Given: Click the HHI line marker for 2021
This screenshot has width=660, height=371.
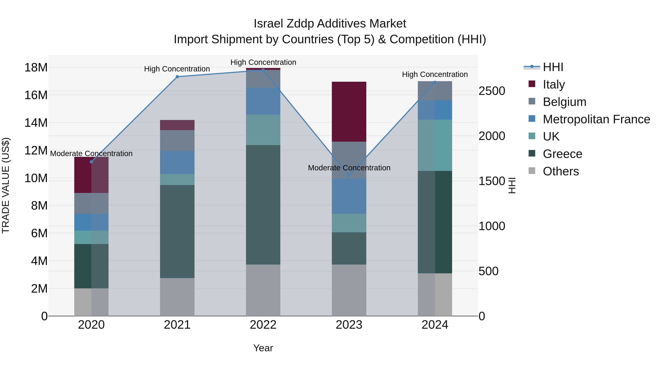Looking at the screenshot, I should coord(177,77).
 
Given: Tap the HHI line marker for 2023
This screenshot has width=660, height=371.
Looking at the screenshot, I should coord(349,176).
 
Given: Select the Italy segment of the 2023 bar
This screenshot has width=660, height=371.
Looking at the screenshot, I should coord(349,112).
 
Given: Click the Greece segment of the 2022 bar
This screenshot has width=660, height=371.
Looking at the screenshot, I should coord(263,205).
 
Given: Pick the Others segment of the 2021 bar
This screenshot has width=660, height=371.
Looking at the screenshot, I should coord(177,297).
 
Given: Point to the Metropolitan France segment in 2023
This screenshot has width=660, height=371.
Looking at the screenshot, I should coord(349,196).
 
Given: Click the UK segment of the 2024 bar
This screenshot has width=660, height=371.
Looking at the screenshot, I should coord(435,145).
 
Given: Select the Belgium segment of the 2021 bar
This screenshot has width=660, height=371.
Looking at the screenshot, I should coord(177,140).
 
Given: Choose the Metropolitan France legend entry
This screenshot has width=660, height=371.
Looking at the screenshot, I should coord(596,119).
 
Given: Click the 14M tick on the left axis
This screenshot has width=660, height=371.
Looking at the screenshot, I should coord(36,123).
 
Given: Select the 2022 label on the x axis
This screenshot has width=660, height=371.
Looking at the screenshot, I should coord(263,325).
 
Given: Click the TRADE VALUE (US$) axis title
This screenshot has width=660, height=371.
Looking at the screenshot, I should coord(6,185).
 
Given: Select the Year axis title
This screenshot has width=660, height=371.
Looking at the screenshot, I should coord(263,348).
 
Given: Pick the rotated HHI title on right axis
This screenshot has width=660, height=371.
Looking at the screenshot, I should coord(512,185).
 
